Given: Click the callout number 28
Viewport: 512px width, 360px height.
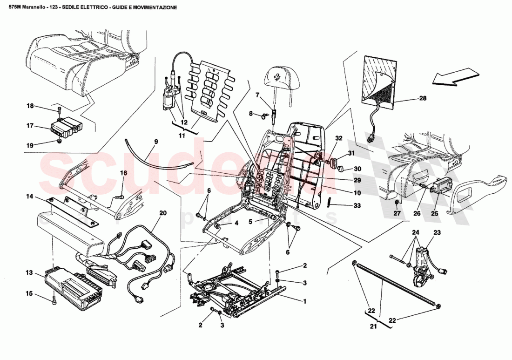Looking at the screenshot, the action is click(423, 98).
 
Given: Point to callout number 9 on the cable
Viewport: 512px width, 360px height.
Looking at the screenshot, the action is click(156, 142).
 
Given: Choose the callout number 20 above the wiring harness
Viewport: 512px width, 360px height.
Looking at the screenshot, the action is click(162, 213).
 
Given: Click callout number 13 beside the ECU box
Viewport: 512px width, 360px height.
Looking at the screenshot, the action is click(29, 273).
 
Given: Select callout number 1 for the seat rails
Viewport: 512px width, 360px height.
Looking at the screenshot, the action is click(305, 301).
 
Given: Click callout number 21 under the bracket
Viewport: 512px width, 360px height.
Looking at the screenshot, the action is click(373, 326).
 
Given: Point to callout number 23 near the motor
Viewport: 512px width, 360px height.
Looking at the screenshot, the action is click(437, 232).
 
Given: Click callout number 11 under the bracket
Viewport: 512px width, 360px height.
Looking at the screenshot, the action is click(182, 136).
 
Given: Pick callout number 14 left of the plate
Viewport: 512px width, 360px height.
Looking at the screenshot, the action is click(29, 197).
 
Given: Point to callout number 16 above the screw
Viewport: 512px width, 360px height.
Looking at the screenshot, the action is click(123, 173).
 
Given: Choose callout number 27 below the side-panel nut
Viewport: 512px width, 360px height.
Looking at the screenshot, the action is click(396, 214).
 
